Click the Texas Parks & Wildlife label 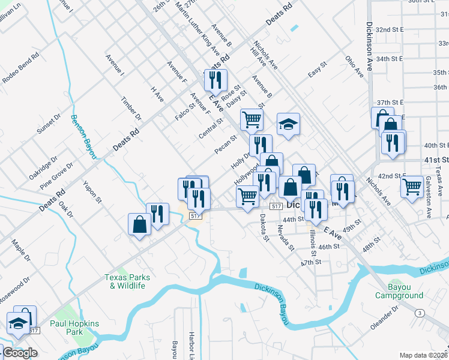[x=125, y=281]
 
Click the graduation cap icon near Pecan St [x=288, y=125]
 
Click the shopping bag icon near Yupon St [x=139, y=224]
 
